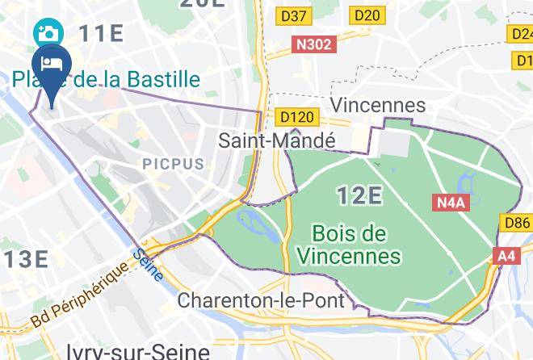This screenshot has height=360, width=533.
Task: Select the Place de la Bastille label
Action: [106, 79]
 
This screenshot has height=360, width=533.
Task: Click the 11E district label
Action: [101, 34]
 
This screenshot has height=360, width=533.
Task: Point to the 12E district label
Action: [359, 195]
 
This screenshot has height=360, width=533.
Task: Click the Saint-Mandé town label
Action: [277, 140]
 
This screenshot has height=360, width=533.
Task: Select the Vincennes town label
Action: [378, 106]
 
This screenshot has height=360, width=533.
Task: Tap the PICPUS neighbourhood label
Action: [174, 164]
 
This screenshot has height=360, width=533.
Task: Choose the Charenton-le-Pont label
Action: [261, 301]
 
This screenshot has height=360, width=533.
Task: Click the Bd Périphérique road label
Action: [82, 295]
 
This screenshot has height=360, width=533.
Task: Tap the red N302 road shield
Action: [313, 44]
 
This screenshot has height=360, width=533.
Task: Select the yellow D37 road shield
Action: [294, 15]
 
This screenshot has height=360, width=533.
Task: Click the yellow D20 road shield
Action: [367, 15]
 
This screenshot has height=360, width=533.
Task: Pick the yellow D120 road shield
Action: [294, 118]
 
